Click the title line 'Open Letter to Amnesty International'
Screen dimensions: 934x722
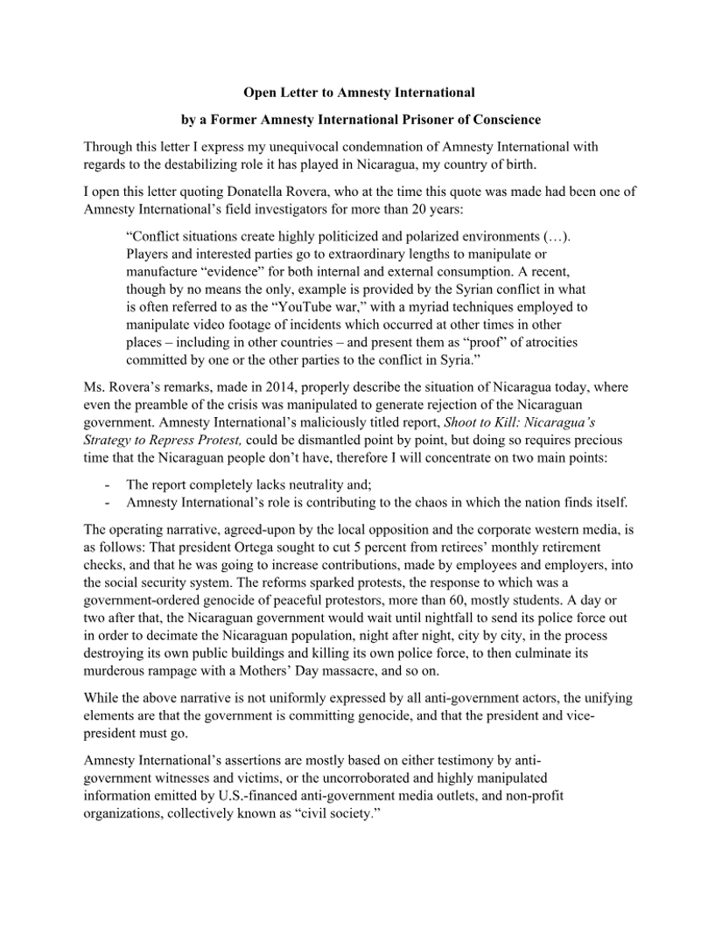359,92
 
